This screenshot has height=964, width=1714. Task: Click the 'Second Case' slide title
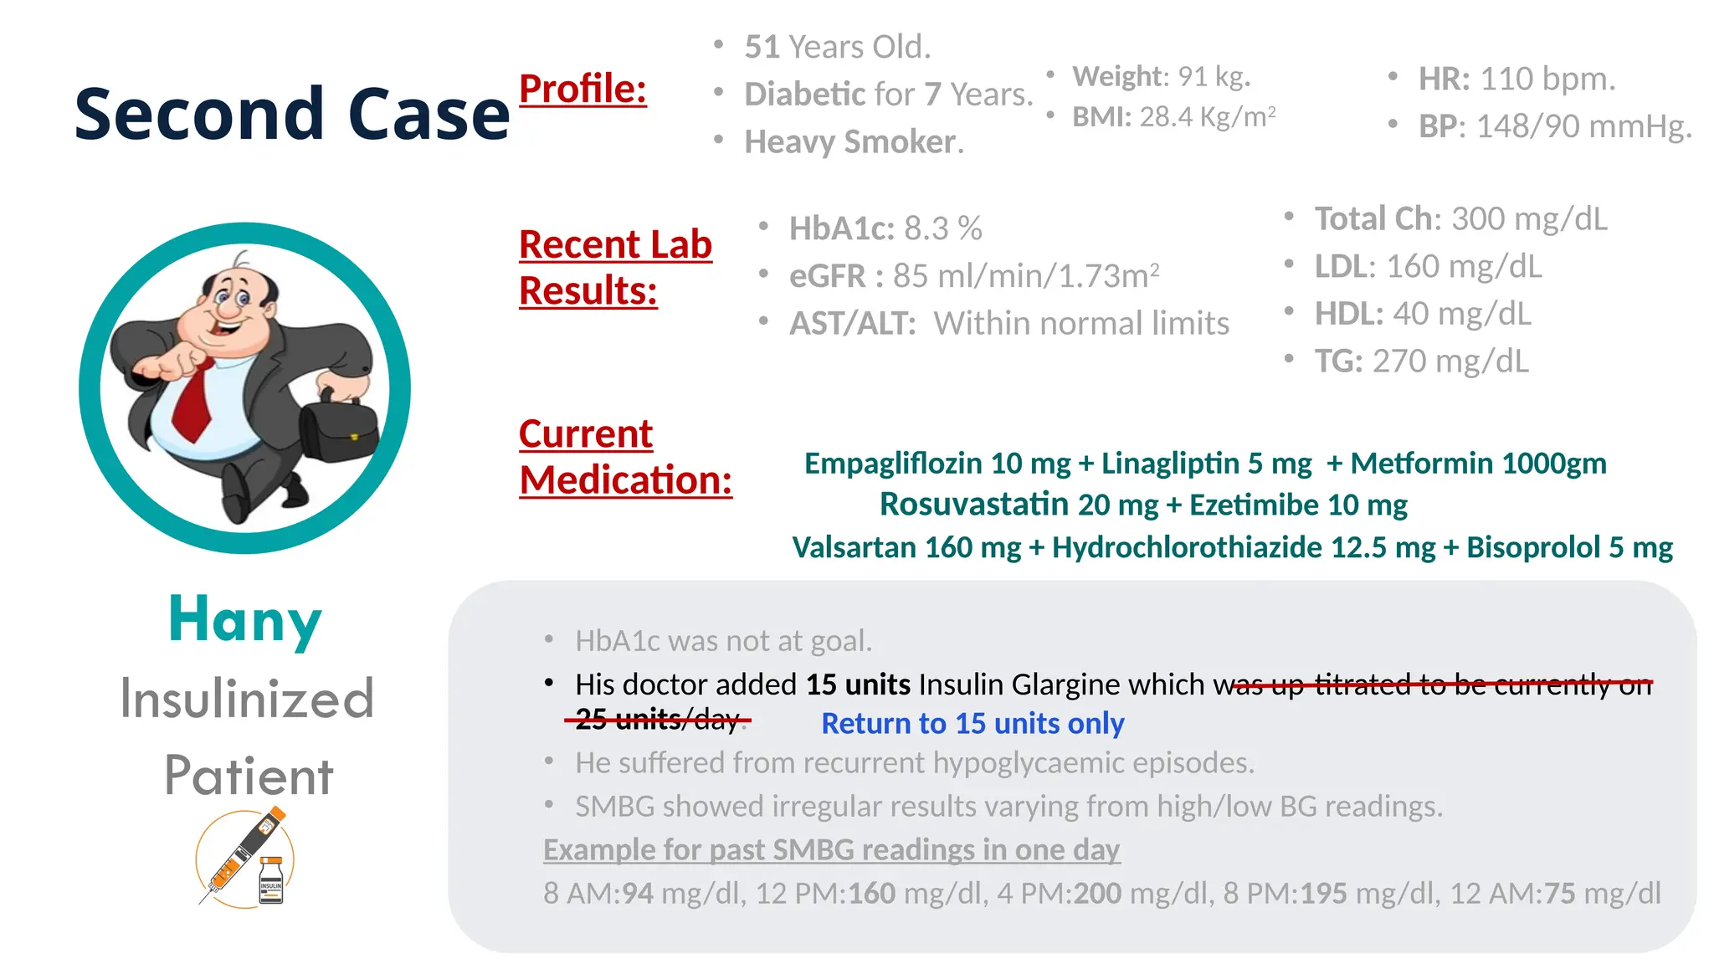[x=291, y=114]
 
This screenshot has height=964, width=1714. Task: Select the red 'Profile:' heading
[x=582, y=89]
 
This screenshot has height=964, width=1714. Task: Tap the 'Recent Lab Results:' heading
[x=615, y=268]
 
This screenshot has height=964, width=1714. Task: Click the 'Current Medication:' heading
[x=625, y=457]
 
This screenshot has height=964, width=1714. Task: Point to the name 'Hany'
[x=244, y=620]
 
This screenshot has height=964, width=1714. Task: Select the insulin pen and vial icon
[x=246, y=858]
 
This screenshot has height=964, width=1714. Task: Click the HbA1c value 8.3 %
[x=943, y=228]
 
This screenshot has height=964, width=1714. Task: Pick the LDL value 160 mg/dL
[x=1464, y=266]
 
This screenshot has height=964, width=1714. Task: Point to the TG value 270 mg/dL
[x=1450, y=361]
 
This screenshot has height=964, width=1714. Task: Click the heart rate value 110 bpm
[x=1547, y=79]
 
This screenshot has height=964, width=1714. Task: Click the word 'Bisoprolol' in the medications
[x=1533, y=547]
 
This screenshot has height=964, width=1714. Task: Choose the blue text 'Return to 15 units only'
[x=972, y=723]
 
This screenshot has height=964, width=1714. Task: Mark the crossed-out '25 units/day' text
[x=657, y=719]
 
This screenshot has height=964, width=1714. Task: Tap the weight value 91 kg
[x=1214, y=77]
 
